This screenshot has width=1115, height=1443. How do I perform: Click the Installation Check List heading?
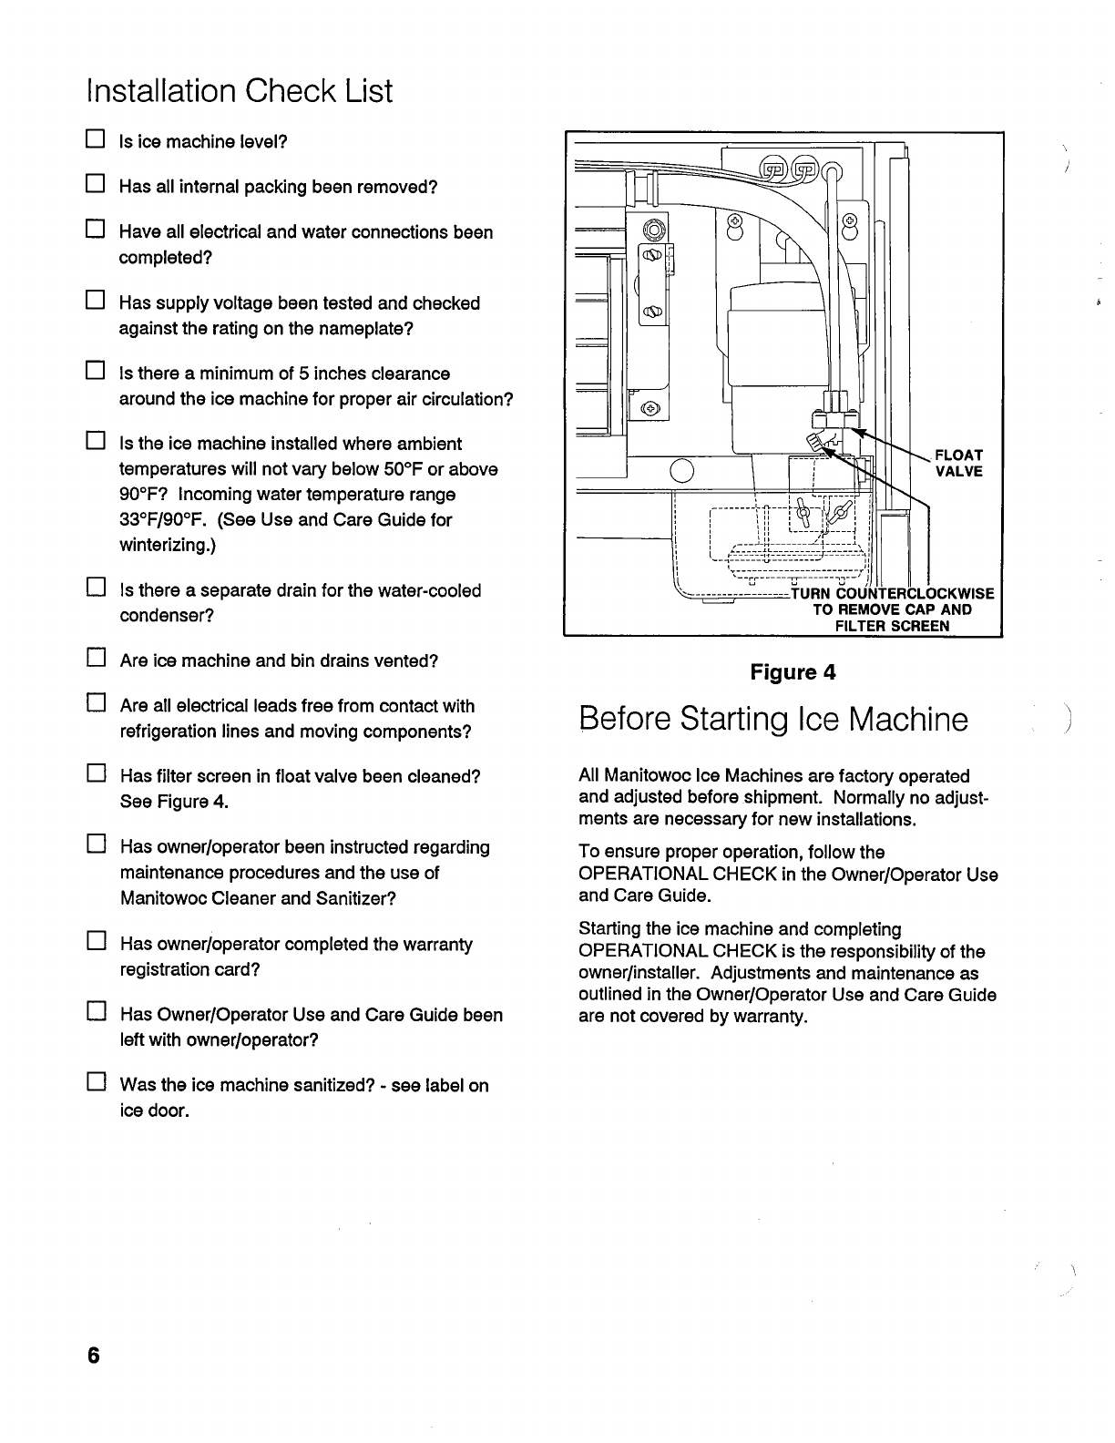pyautogui.click(x=239, y=91)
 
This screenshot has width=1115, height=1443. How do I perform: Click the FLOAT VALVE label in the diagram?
pyautogui.click(x=959, y=463)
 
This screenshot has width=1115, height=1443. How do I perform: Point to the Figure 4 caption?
pyautogui.click(x=792, y=672)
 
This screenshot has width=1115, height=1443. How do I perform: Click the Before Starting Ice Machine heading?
pyautogui.click(x=773, y=720)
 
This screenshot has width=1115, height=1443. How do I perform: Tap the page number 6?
pyautogui.click(x=92, y=1356)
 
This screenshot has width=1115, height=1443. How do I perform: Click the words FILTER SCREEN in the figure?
pyautogui.click(x=892, y=626)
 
